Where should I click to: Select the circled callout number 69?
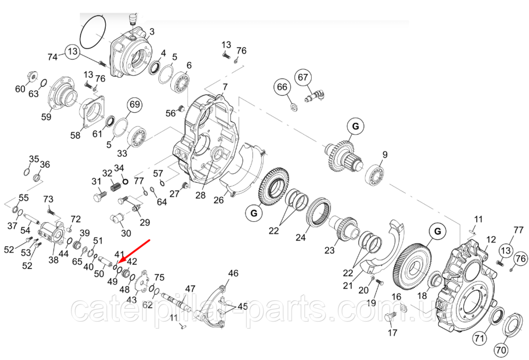[x=135, y=104]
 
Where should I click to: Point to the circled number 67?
[x=303, y=77]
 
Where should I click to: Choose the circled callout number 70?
[x=501, y=349]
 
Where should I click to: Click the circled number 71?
[x=479, y=337]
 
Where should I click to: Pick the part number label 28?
[x=200, y=195]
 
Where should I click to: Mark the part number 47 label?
[x=190, y=289]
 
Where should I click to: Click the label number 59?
[x=47, y=117]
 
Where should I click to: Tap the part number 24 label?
[x=300, y=238]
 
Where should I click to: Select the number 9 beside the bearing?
[x=385, y=155]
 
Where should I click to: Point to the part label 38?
[x=53, y=260]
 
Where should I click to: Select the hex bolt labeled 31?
[x=100, y=200]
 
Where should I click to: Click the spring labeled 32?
[x=116, y=187]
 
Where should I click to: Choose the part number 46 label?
[x=233, y=273]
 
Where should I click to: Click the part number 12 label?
[x=491, y=239]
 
